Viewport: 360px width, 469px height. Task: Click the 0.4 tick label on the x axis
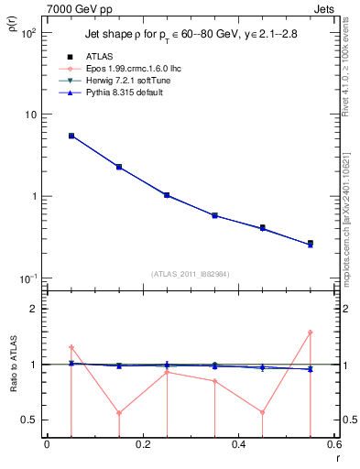238,445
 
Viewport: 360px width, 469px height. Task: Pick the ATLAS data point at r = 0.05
71,136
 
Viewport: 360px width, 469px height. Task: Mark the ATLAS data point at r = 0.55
311,244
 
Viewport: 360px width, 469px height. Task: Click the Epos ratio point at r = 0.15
119,412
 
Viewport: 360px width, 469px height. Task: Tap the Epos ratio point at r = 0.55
311,333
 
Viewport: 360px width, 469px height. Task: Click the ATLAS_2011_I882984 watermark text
191,273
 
